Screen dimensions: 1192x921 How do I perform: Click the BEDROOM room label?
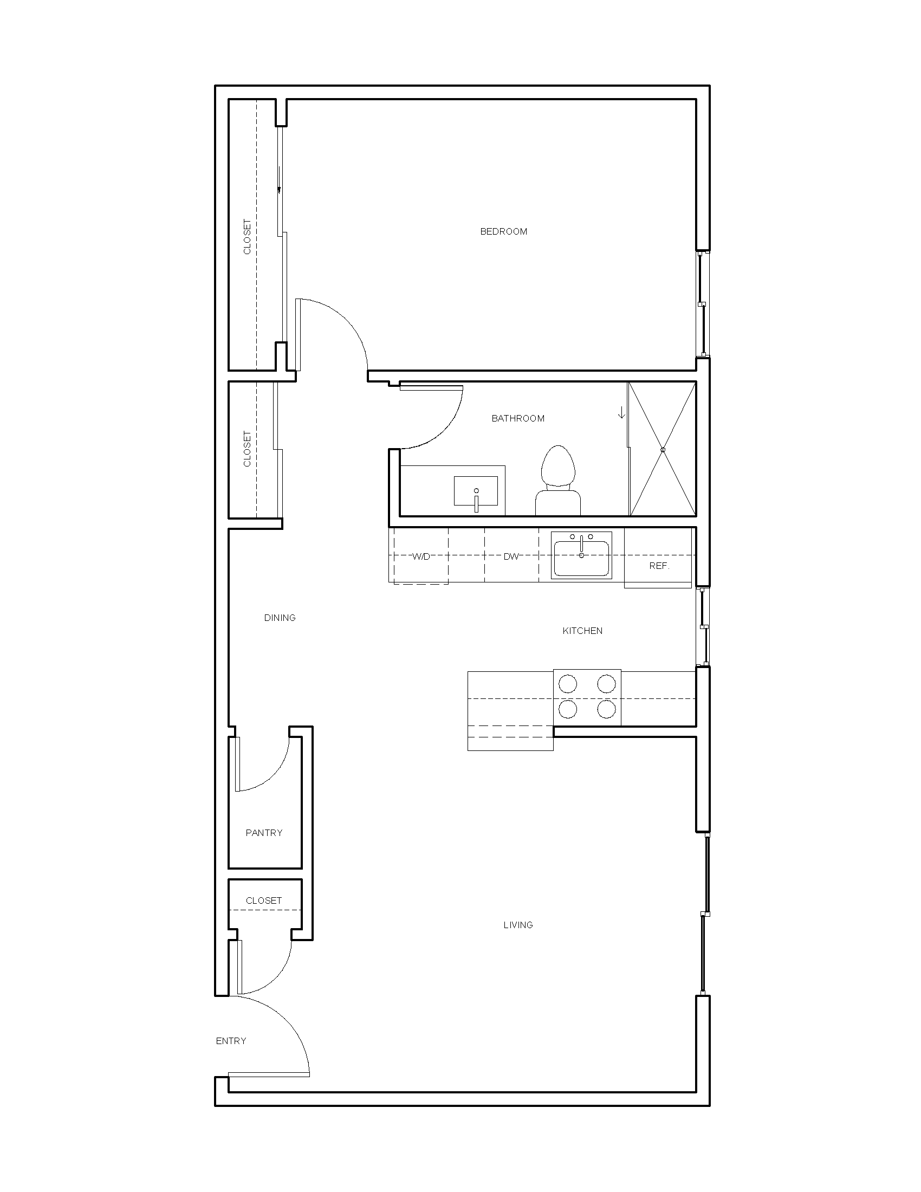pyautogui.click(x=503, y=231)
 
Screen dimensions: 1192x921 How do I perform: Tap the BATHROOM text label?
pyautogui.click(x=518, y=419)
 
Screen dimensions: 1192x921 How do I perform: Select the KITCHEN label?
pyautogui.click(x=582, y=631)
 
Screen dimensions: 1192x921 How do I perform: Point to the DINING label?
pyautogui.click(x=280, y=618)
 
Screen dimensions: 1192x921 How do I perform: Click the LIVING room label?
pyautogui.click(x=518, y=925)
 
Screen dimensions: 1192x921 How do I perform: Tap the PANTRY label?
pyautogui.click(x=264, y=833)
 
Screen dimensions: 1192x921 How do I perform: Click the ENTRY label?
pyautogui.click(x=231, y=1041)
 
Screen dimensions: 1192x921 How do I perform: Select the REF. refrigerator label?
pyautogui.click(x=659, y=566)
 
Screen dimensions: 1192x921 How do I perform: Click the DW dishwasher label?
pyautogui.click(x=511, y=556)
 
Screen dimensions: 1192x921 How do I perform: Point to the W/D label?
pyautogui.click(x=420, y=556)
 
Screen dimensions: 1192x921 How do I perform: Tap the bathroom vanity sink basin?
pyautogui.click(x=476, y=491)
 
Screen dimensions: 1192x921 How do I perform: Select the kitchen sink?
pyautogui.click(x=581, y=556)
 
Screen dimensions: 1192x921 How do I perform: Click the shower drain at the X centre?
pyautogui.click(x=663, y=450)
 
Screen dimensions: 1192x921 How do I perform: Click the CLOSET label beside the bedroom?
pyautogui.click(x=247, y=237)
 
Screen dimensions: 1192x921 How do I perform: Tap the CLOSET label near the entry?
pyautogui.click(x=263, y=901)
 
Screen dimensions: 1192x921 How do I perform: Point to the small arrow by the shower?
pyautogui.click(x=621, y=413)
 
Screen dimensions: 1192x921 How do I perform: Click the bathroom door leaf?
pyautogui.click(x=431, y=388)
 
